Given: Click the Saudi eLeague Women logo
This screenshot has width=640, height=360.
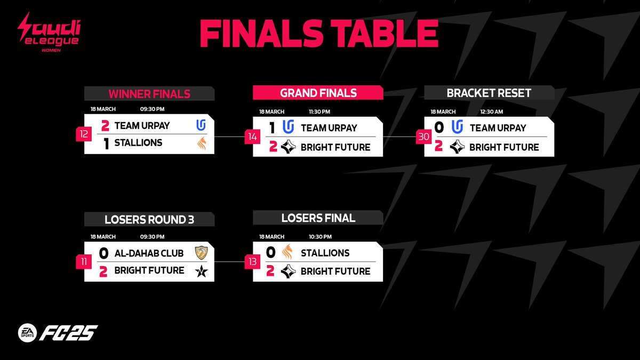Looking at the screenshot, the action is point(49,32).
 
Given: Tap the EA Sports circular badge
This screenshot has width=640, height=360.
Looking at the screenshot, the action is point(27,333).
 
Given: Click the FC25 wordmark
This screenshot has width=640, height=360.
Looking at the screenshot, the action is point(69,333).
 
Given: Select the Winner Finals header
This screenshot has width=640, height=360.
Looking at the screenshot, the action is point(149,94).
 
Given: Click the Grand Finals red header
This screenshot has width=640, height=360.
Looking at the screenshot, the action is point(318,93).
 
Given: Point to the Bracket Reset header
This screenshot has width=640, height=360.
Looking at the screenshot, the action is point(489,93).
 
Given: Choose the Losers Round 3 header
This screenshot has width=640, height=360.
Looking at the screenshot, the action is point(149,219).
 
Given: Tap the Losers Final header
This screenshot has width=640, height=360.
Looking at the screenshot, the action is point(318,218).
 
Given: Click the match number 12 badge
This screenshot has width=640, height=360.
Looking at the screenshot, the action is point(84,134).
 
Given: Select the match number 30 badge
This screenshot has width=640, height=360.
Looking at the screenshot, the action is point(423,137).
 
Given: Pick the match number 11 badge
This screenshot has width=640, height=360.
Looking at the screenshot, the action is point(84,262).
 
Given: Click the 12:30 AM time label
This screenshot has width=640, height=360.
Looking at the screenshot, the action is point(491,111).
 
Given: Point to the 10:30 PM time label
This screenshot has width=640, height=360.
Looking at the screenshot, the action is point(320,237).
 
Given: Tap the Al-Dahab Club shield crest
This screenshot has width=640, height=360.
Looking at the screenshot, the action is point(202,253).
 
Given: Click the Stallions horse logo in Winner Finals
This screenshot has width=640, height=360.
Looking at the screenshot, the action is point(202,143).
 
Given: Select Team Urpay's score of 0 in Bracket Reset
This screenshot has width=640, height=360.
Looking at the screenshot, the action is point(439,127).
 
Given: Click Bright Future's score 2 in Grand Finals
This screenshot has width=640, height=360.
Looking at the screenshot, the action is point(273,147).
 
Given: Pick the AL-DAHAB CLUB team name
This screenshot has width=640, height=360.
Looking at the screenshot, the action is point(149,253).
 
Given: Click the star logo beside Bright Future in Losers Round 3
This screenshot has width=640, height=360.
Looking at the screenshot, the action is point(202,271).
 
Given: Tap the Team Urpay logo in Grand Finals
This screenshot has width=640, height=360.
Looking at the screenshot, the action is point(289,127).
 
